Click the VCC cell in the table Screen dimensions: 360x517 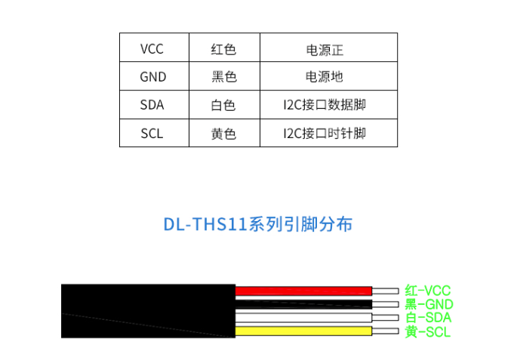pyautogui.click(x=152, y=49)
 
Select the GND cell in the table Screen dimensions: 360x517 pyautogui.click(x=152, y=77)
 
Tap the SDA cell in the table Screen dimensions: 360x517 pyautogui.click(x=152, y=105)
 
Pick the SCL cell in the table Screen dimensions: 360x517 pyautogui.click(x=152, y=134)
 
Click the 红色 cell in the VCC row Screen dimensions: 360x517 pyautogui.click(x=223, y=49)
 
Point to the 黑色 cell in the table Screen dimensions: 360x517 pyautogui.click(x=223, y=77)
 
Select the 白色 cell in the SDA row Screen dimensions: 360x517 pyautogui.click(x=223, y=105)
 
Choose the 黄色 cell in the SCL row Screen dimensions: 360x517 pyautogui.click(x=223, y=134)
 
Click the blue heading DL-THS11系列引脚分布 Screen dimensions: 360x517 pyautogui.click(x=258, y=225)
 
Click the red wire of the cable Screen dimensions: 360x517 pyautogui.click(x=302, y=291)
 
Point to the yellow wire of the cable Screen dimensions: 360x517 pyautogui.click(x=302, y=331)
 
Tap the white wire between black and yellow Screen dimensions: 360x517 pyautogui.click(x=302, y=318)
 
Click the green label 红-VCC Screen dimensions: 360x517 pyautogui.click(x=427, y=290)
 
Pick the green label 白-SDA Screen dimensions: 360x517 pyautogui.click(x=428, y=318)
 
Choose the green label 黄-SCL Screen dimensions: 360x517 pyautogui.click(x=427, y=332)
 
